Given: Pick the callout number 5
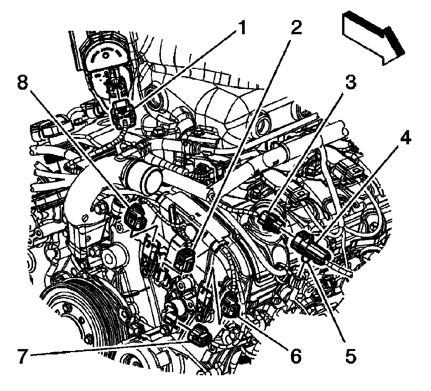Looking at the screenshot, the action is pyautogui.click(x=350, y=356).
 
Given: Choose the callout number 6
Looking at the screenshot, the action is pyautogui.click(x=295, y=356).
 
